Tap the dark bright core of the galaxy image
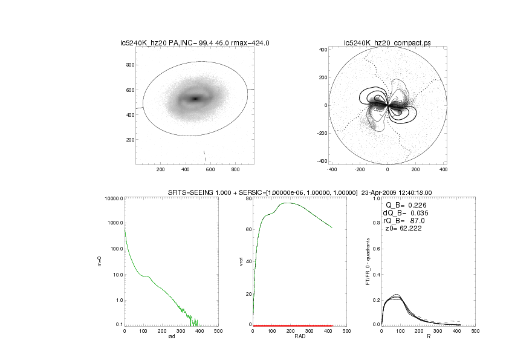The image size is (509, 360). (195, 99)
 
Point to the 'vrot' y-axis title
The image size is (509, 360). (241, 261)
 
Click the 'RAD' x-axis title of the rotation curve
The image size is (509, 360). (299, 336)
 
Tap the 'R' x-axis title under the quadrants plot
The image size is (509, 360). (428, 336)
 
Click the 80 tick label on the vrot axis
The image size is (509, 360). (247, 199)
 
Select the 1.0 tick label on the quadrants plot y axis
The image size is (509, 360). (375, 199)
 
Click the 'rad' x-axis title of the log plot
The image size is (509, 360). (171, 336)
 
